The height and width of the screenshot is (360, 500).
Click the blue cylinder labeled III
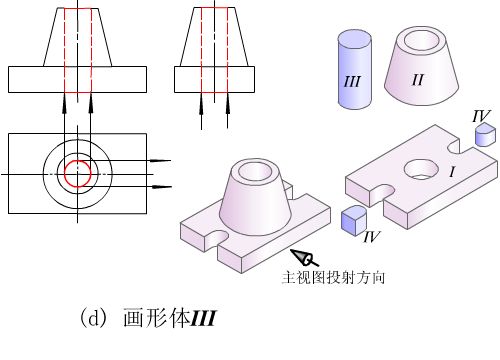[x=355, y=69]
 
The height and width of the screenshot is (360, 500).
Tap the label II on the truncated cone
[x=418, y=80]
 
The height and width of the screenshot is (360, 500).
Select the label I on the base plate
[x=452, y=172]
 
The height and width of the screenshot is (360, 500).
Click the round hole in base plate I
[x=421, y=169]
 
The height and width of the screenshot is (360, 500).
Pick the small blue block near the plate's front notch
[x=354, y=219]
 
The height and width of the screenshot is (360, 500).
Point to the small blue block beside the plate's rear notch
[x=485, y=134]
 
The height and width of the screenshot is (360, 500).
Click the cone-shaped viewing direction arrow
[x=304, y=257]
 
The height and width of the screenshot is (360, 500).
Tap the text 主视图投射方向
[x=333, y=277]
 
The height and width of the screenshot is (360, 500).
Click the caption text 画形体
[x=156, y=318]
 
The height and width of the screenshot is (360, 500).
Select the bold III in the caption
[x=203, y=318]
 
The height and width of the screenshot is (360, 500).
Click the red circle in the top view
[x=78, y=160]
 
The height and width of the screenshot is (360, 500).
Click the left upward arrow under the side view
[x=201, y=111]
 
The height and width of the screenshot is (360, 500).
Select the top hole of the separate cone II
[x=421, y=40]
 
